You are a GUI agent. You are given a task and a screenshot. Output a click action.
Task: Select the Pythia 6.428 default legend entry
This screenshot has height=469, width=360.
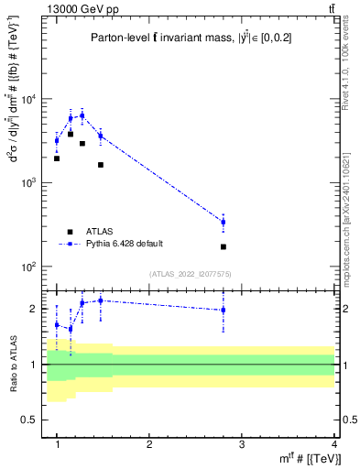pyautogui.click(x=125, y=244)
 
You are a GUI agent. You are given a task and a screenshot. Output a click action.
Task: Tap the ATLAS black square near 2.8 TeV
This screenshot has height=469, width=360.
pyautogui.click(x=224, y=246)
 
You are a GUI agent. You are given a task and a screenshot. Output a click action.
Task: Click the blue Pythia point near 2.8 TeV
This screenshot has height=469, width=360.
pyautogui.click(x=224, y=222)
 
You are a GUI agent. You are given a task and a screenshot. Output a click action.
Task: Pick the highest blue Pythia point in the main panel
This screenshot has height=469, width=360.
pyautogui.click(x=82, y=115)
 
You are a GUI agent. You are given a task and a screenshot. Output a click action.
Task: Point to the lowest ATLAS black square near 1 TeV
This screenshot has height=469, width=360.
pyautogui.click(x=57, y=158)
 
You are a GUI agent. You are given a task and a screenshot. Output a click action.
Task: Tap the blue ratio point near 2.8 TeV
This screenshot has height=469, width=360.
pyautogui.click(x=224, y=310)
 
